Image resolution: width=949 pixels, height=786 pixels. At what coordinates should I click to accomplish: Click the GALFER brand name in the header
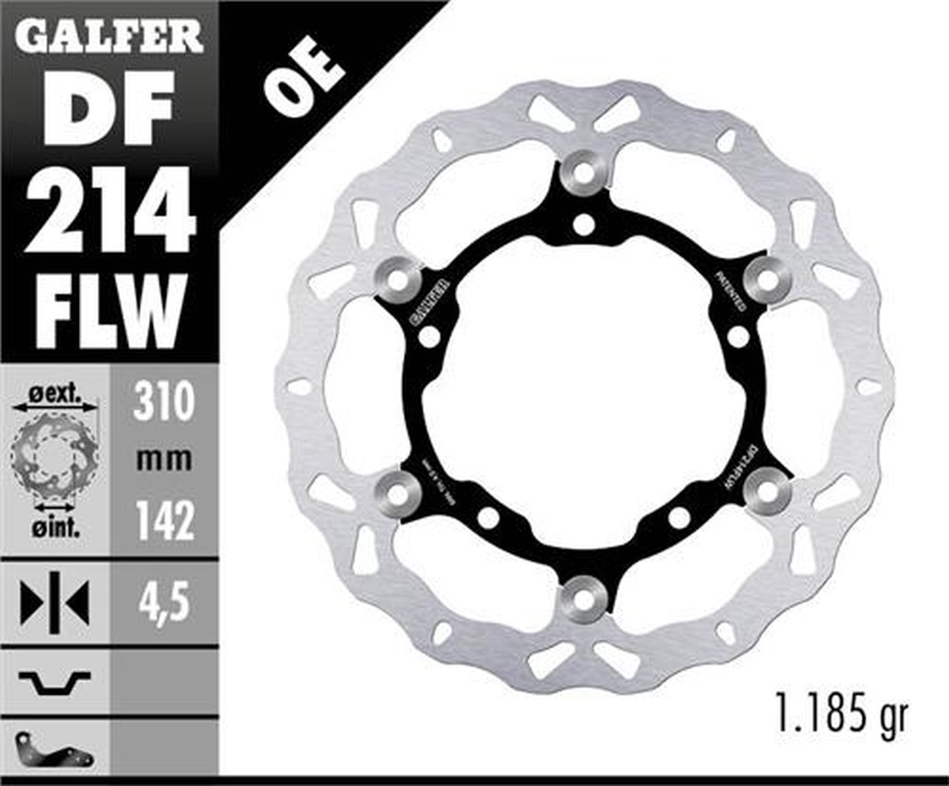coord(109,35)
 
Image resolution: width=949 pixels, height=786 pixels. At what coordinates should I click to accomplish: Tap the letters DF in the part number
coord(109,108)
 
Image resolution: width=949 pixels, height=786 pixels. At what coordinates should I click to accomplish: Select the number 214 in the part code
coord(109,211)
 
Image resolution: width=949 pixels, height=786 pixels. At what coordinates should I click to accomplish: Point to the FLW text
coord(109,311)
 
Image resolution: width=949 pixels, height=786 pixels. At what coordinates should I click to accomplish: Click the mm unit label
coord(163,459)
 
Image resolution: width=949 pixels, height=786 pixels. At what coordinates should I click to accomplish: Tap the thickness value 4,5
coord(163,604)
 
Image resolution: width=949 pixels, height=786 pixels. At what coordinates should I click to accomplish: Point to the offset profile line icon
coord(54,683)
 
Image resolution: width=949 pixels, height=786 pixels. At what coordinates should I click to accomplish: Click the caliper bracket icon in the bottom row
coord(54,749)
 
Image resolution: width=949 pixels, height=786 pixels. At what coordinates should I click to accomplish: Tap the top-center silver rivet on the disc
coord(583,172)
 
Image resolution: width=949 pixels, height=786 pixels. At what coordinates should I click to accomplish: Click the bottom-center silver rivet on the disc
coord(583,599)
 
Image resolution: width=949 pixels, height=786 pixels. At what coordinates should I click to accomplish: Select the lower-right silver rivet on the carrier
coord(768,491)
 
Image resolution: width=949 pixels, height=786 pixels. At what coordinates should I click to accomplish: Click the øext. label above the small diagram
coord(54,393)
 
